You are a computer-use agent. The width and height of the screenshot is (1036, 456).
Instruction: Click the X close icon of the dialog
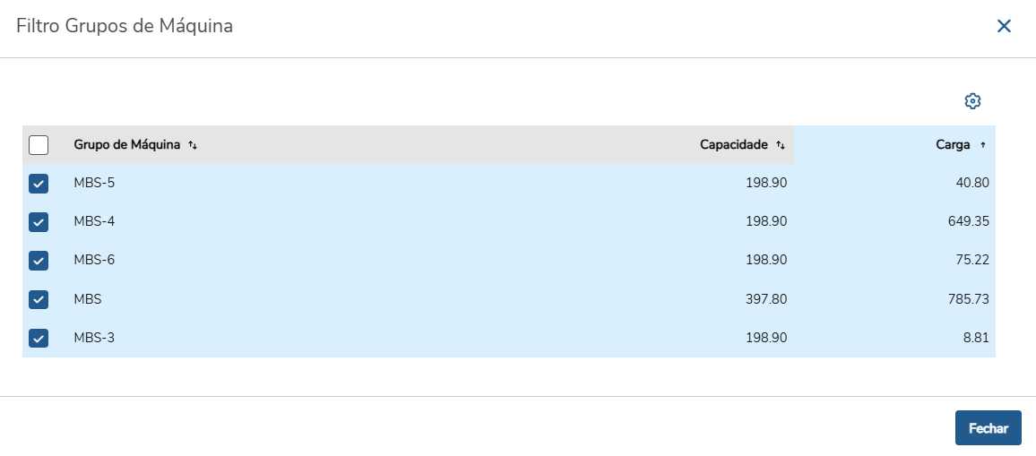tap(1004, 26)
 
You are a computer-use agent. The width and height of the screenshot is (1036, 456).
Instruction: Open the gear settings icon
tap(972, 101)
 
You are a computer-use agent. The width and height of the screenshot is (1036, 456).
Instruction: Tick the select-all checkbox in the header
tap(39, 145)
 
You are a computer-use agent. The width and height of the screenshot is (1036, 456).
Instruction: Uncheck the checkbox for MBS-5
tap(39, 183)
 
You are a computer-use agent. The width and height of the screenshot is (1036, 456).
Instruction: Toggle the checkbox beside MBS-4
tap(39, 222)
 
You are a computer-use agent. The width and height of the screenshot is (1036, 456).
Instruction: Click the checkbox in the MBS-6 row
tap(39, 261)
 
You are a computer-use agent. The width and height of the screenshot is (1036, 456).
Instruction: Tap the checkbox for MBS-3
tap(39, 339)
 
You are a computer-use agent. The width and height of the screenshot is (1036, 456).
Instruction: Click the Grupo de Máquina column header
tap(127, 145)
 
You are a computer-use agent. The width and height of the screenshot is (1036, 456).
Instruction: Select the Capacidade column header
tap(734, 145)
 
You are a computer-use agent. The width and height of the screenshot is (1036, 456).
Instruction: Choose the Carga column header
tap(954, 145)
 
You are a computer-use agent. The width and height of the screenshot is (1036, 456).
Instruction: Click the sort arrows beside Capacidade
tap(781, 145)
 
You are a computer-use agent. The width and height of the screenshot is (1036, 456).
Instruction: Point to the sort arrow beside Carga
tap(982, 145)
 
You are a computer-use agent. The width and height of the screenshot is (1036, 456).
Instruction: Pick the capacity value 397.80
tap(766, 299)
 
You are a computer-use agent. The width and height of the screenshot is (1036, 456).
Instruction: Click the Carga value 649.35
tap(969, 221)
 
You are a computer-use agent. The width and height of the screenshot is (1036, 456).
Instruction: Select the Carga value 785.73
tap(969, 299)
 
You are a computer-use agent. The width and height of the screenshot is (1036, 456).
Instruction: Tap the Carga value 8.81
tap(977, 339)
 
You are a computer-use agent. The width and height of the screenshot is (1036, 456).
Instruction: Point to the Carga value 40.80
tap(971, 183)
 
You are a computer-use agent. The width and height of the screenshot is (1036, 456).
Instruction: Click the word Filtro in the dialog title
tap(39, 27)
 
